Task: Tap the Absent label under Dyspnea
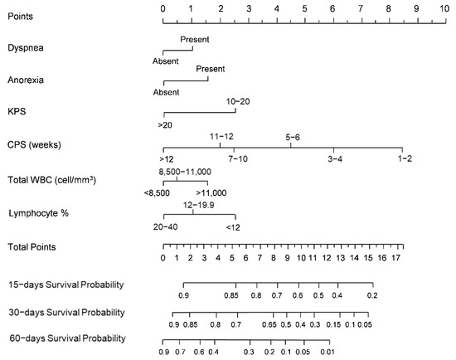click(x=165, y=61)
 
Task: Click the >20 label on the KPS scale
click(x=165, y=124)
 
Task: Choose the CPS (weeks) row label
click(x=38, y=144)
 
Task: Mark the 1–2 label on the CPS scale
click(x=403, y=158)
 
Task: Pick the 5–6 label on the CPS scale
click(x=292, y=135)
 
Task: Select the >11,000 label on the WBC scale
click(x=211, y=192)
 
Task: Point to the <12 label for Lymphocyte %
click(x=235, y=226)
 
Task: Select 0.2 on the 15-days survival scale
click(x=373, y=295)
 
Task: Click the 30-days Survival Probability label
click(x=65, y=312)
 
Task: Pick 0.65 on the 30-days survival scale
click(x=269, y=324)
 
